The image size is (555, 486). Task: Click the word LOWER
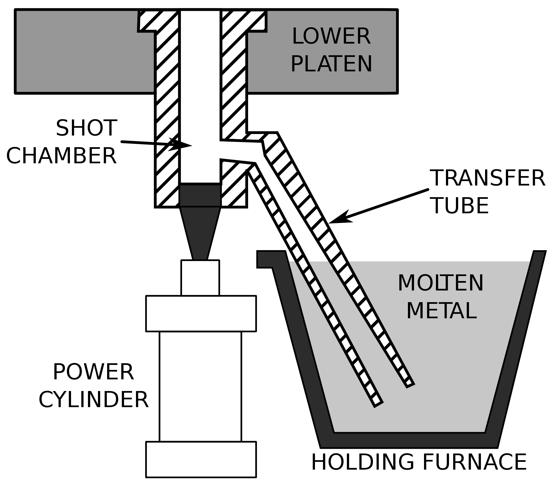tap(331, 37)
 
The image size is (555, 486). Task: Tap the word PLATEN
tap(331, 64)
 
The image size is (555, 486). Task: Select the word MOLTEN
tap(441, 284)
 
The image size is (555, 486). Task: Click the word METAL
tap(441, 311)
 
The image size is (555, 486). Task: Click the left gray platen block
tap(83, 56)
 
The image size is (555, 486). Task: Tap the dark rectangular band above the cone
tap(200, 196)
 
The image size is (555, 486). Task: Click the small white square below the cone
tap(200, 278)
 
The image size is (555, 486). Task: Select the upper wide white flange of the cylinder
tap(201, 314)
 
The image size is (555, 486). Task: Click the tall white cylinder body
tap(200, 386)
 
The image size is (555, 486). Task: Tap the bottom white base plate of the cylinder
tap(201, 459)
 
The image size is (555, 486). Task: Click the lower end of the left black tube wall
tap(378, 404)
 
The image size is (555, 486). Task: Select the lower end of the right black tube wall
tap(410, 384)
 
